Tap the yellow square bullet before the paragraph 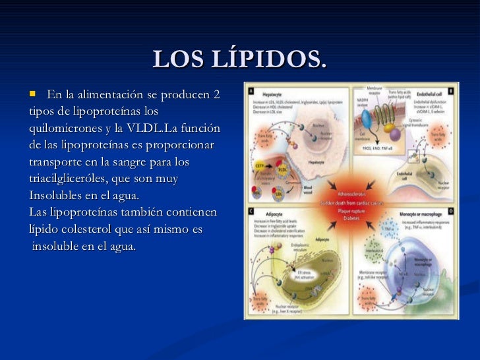point(33,95)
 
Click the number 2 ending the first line point(216,96)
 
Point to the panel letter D point(451,211)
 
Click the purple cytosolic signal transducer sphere point(395,134)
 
